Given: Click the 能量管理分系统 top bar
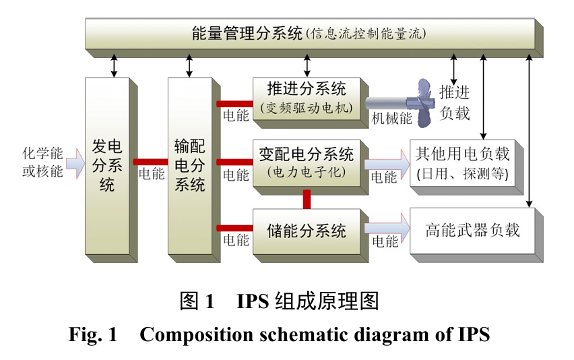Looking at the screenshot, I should tap(310, 33).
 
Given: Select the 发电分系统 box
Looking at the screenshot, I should tap(107, 165).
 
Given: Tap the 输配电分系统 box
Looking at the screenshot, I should tap(189, 165).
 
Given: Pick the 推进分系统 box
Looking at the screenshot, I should tap(307, 97).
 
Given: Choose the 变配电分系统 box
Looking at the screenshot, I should tap(307, 162).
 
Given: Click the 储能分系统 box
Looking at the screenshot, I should tap(307, 231).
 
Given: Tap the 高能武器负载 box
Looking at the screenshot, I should tap(472, 231).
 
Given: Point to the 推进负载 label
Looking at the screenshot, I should tap(454, 102).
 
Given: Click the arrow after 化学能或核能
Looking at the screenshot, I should tap(75, 161).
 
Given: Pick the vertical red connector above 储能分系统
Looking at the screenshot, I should tap(307, 199).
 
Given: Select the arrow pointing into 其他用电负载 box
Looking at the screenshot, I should tap(387, 161).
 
